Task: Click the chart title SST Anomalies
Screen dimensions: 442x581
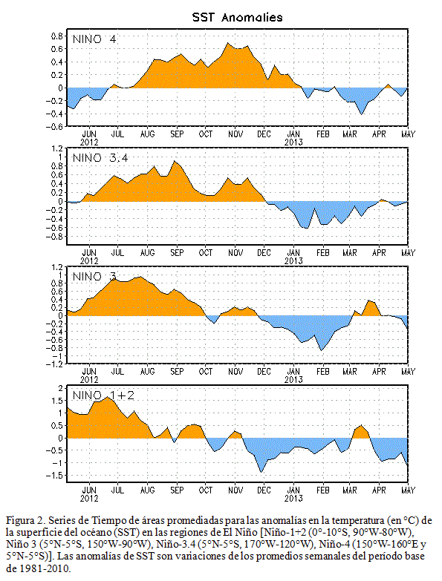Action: pyautogui.click(x=237, y=17)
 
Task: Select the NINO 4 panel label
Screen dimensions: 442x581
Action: pyautogui.click(x=94, y=39)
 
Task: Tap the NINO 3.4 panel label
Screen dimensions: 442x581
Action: pyautogui.click(x=100, y=158)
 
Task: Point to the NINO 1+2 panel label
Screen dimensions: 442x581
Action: pyautogui.click(x=103, y=395)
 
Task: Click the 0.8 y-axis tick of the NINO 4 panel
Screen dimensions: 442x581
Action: pyautogui.click(x=56, y=36)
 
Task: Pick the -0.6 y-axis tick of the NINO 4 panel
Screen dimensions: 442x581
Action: pyautogui.click(x=54, y=126)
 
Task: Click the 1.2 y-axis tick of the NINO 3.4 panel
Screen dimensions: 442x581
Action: pyautogui.click(x=57, y=149)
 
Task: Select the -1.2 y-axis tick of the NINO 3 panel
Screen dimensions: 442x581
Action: pyautogui.click(x=54, y=364)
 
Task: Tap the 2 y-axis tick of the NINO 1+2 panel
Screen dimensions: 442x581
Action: pyautogui.click(x=60, y=388)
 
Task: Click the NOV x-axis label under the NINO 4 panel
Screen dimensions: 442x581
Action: pyautogui.click(x=235, y=134)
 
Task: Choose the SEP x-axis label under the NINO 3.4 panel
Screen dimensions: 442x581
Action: pyautogui.click(x=177, y=253)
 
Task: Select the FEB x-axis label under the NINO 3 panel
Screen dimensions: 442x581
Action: pyautogui.click(x=322, y=371)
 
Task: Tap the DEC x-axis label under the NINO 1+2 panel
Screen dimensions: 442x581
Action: pyautogui.click(x=264, y=490)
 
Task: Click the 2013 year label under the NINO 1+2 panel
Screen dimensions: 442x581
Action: pyautogui.click(x=293, y=499)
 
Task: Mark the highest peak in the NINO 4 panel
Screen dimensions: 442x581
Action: pyautogui.click(x=228, y=43)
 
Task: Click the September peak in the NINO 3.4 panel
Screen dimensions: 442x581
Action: pyautogui.click(x=175, y=161)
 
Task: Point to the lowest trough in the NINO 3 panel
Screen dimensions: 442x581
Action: pyautogui.click(x=321, y=350)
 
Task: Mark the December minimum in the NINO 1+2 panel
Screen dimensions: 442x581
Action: pyautogui.click(x=261, y=472)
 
